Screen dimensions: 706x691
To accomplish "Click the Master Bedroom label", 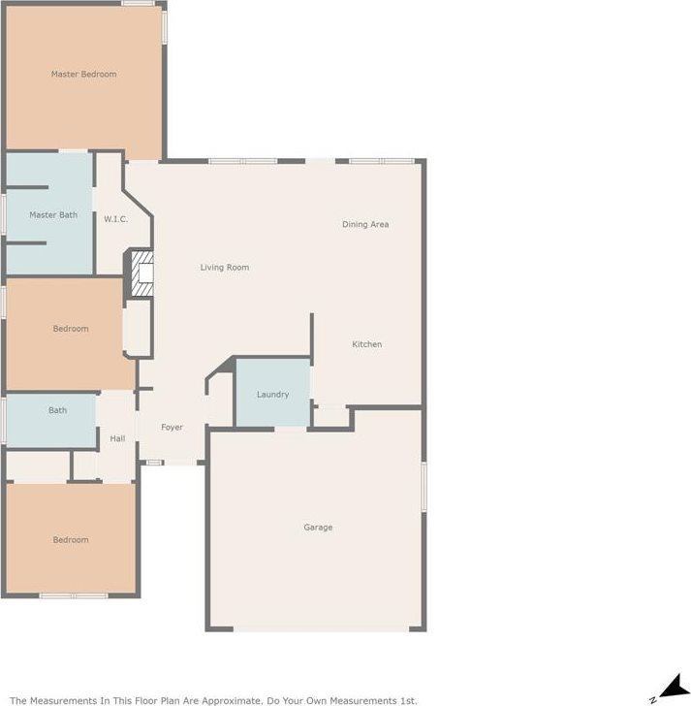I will (83, 75).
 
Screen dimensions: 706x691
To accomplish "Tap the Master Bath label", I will (53, 215).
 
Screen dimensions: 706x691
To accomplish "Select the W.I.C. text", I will (115, 219).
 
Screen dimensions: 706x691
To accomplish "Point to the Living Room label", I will (225, 268).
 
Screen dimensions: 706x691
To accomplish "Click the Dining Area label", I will (365, 225).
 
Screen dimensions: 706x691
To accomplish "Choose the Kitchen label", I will (366, 345).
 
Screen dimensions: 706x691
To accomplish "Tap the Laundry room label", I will (272, 395).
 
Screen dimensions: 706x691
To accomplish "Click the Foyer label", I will (172, 428).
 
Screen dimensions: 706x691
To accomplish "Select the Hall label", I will (117, 439).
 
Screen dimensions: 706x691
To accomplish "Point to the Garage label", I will (318, 528).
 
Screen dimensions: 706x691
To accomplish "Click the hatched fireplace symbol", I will (142, 275).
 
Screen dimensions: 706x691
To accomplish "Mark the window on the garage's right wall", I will (424, 485).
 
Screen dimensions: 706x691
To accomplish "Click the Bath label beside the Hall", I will (58, 410).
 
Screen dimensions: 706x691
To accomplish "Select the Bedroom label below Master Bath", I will (70, 329).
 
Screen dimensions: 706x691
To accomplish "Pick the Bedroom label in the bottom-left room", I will (70, 540).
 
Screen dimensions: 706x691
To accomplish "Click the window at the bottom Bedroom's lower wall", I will (73, 594).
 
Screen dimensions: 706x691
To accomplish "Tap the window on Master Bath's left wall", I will (3, 212).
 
